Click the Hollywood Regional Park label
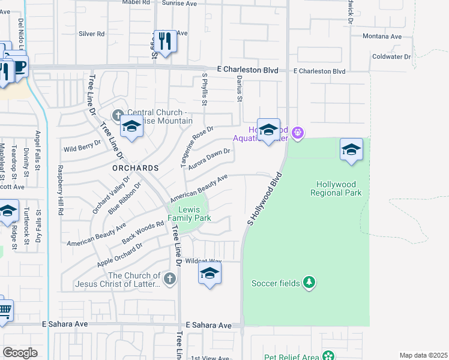coord(336,188)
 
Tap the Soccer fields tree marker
coord(309,283)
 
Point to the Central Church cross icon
coord(118,115)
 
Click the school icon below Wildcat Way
coord(209,274)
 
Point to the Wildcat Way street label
coord(203,262)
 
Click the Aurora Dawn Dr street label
coord(209,160)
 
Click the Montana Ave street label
coord(382,37)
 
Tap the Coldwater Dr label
coord(391,57)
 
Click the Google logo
coord(20,353)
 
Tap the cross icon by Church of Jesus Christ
coord(170,278)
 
